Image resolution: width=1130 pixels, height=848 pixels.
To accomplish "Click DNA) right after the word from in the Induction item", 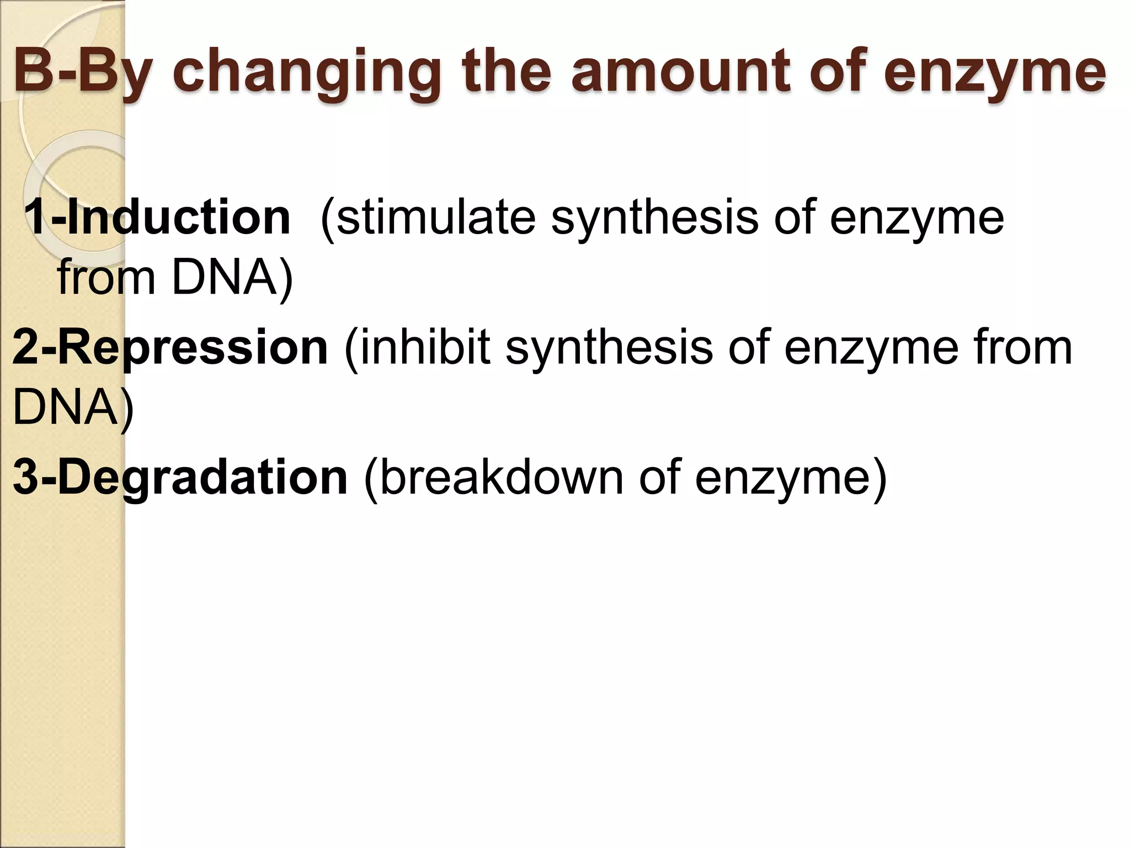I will pos(232,277).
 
